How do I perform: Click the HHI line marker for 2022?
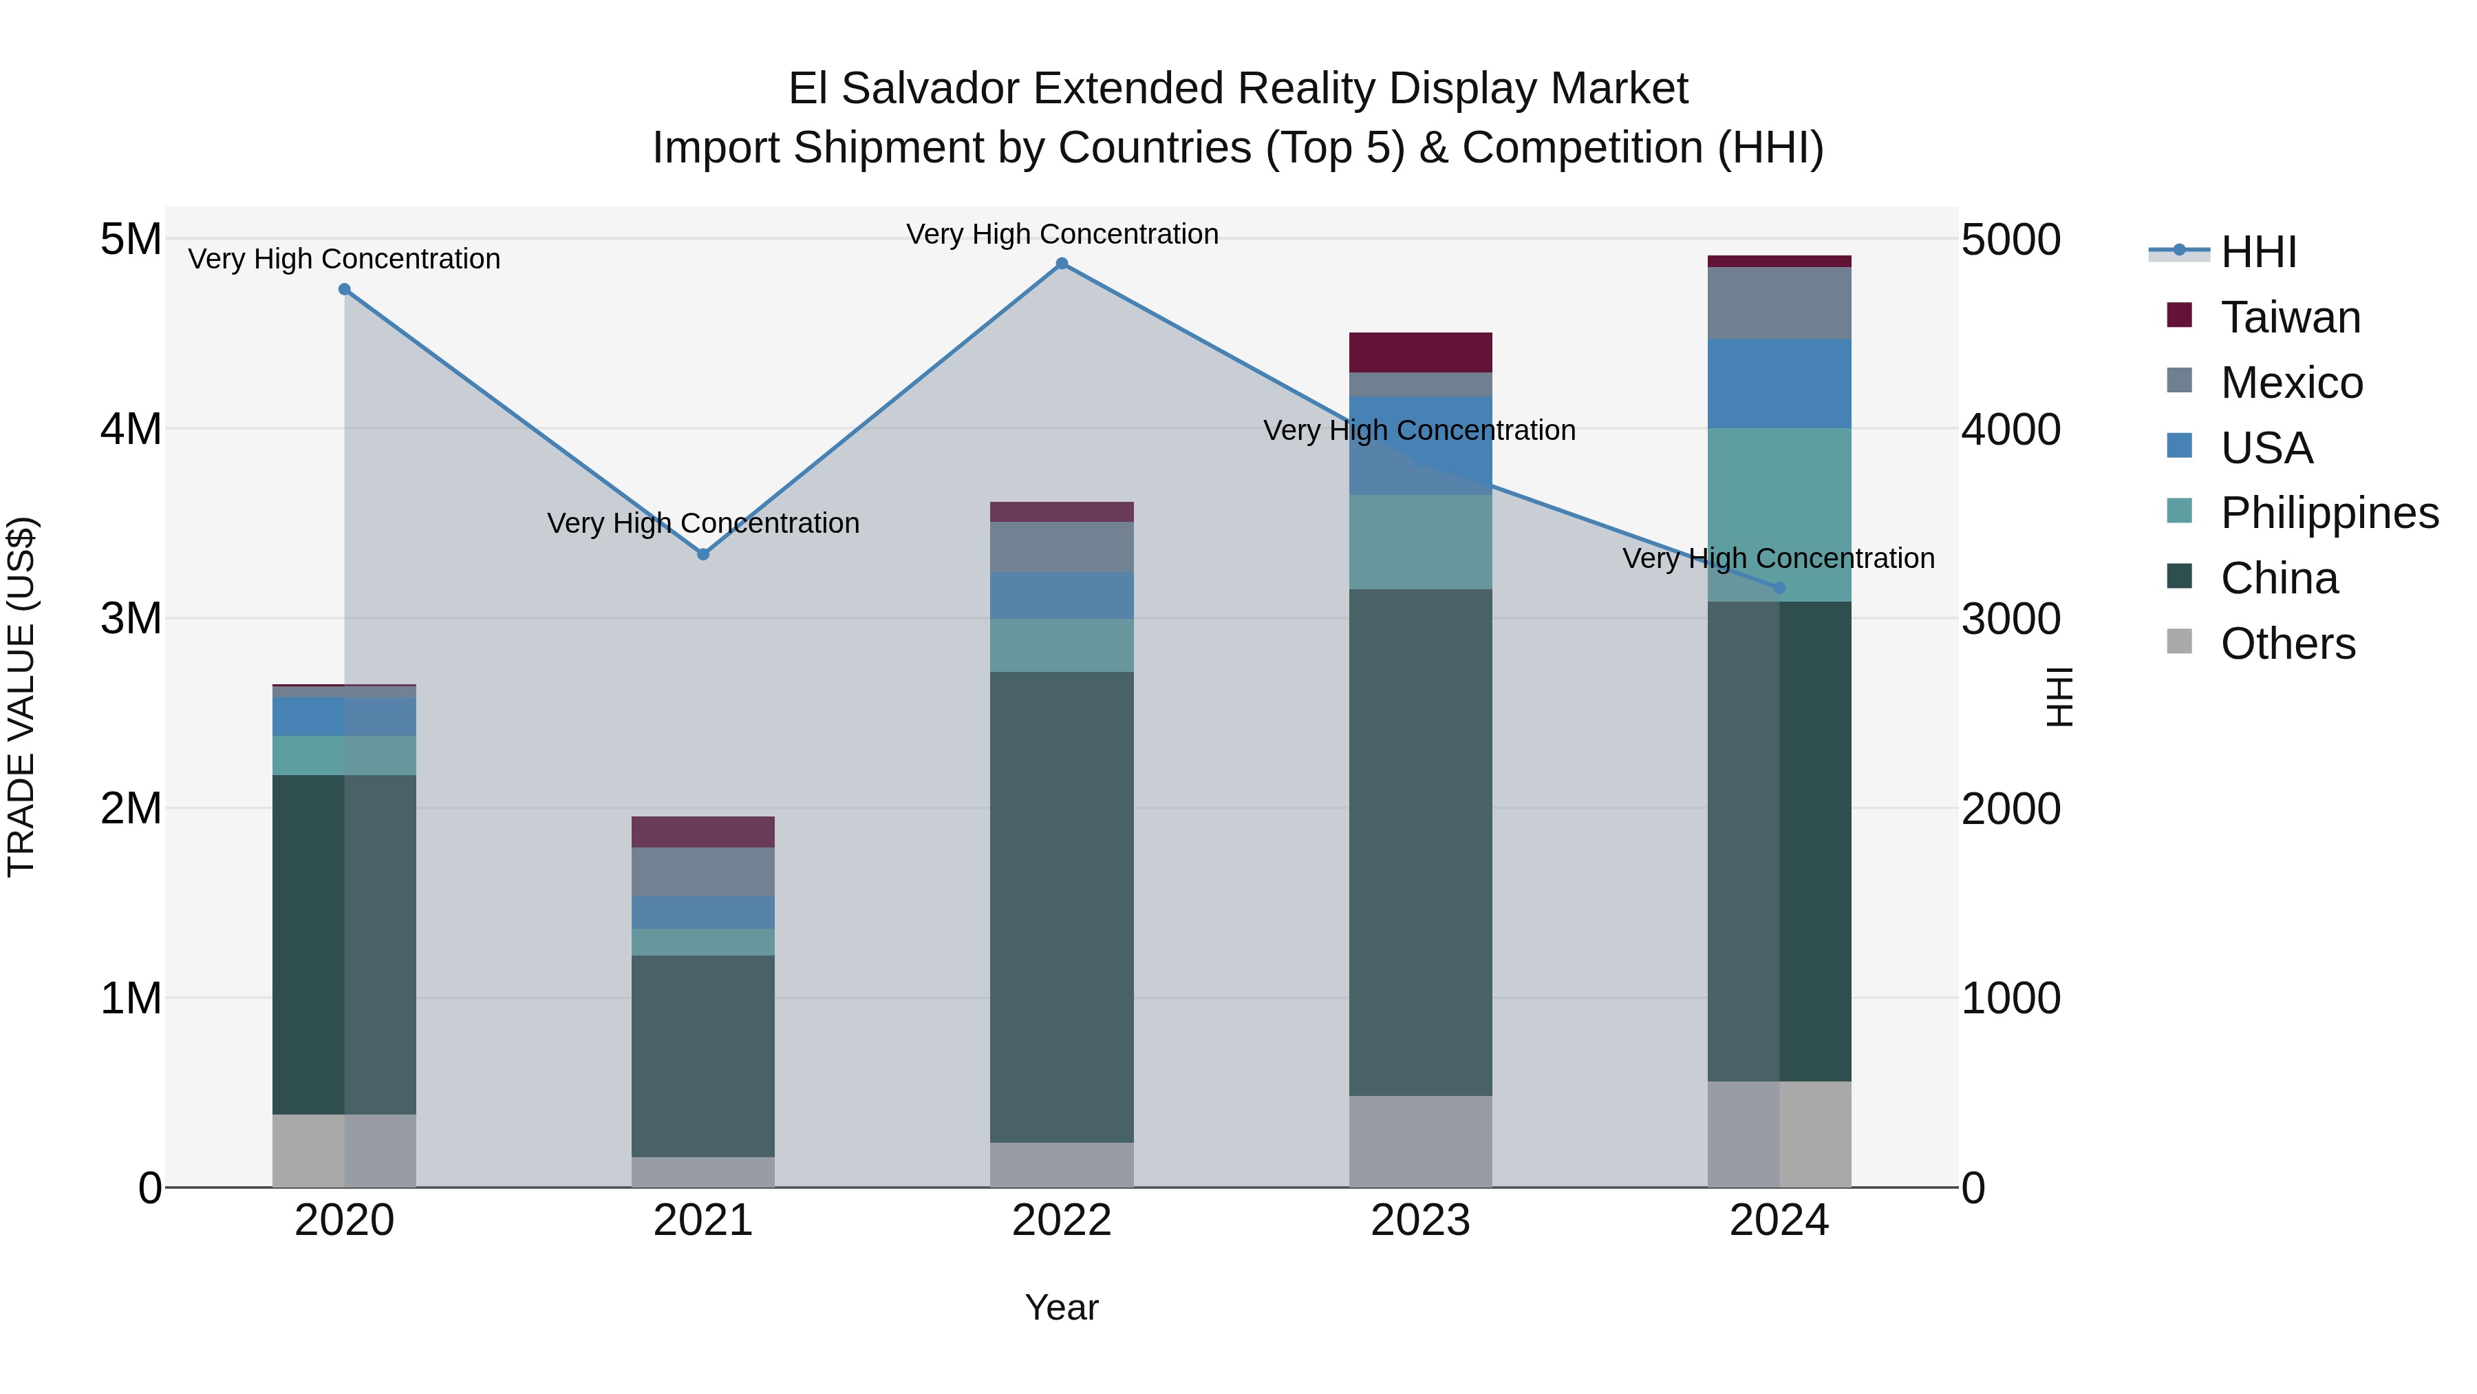1062,264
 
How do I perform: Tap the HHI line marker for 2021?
703,554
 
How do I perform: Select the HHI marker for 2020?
344,290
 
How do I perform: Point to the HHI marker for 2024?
1779,588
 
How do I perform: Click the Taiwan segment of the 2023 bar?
1420,352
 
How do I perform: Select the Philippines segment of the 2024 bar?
1779,515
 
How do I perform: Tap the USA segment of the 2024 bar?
1779,383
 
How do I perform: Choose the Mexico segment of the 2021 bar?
703,872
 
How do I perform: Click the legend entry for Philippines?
2327,513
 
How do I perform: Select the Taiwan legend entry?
2288,317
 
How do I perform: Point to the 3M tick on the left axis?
131,619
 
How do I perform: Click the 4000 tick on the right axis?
2010,429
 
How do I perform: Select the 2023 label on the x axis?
1420,1221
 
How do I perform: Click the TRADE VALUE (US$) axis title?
21,697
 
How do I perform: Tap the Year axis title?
1062,1307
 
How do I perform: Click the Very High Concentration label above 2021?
703,523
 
